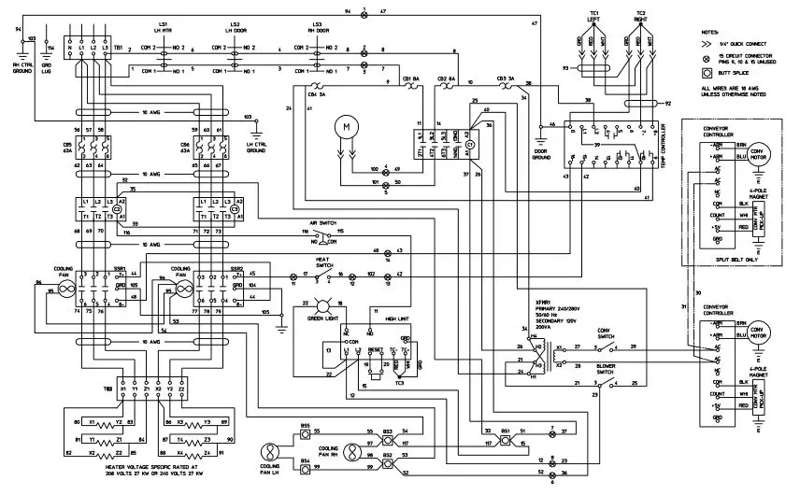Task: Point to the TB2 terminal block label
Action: (x=107, y=385)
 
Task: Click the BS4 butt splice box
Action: (x=305, y=461)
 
